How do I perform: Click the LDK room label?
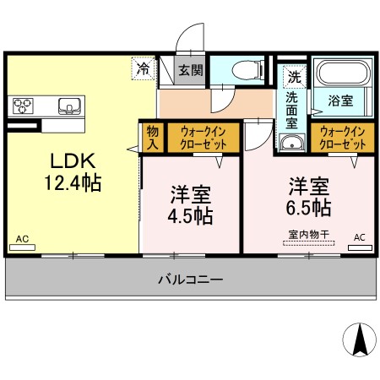72,160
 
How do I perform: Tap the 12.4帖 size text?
72,182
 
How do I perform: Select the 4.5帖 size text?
189,214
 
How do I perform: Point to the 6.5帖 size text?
307,205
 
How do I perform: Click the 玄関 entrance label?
190,71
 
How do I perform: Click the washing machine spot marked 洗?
293,75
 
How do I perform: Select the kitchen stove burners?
21,106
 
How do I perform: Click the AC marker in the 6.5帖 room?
359,237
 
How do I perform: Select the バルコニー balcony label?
190,279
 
